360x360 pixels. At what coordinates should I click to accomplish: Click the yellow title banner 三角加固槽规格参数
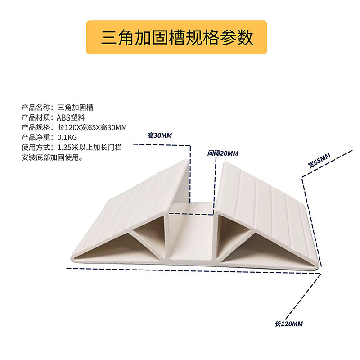pyautogui.click(x=177, y=37)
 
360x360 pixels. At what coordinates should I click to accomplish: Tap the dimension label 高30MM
pyautogui.click(x=160, y=135)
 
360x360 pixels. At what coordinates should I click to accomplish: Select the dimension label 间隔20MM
pyautogui.click(x=223, y=153)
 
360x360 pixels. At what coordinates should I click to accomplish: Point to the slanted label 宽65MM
pyautogui.click(x=319, y=161)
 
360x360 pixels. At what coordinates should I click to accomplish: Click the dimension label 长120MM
pyautogui.click(x=288, y=324)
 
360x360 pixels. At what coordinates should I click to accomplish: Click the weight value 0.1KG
pyautogui.click(x=67, y=137)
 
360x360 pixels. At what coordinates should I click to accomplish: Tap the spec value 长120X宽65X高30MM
pyautogui.click(x=92, y=127)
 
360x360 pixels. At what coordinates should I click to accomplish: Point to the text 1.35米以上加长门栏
pyautogui.click(x=90, y=147)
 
